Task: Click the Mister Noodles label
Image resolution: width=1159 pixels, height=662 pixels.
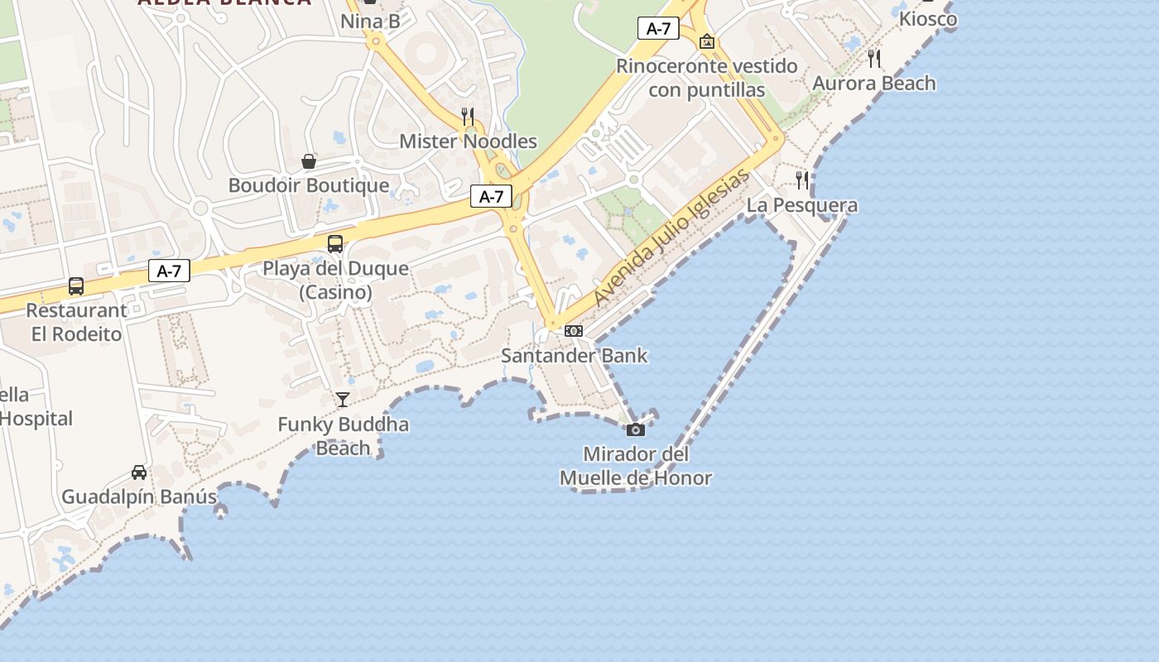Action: pyautogui.click(x=468, y=142)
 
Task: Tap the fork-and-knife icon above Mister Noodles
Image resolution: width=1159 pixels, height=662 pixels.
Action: pyautogui.click(x=468, y=116)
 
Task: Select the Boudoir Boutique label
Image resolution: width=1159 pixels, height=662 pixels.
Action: pyautogui.click(x=308, y=185)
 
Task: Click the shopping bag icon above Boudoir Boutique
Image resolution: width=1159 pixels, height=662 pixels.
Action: pyautogui.click(x=309, y=161)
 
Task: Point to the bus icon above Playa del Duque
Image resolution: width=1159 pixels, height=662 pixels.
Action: pyautogui.click(x=334, y=243)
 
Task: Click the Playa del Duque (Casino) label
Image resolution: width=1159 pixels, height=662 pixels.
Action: pyautogui.click(x=335, y=281)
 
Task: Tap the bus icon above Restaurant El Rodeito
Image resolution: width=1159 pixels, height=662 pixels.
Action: pyautogui.click(x=76, y=286)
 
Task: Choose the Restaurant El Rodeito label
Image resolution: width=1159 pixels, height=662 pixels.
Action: pyautogui.click(x=77, y=323)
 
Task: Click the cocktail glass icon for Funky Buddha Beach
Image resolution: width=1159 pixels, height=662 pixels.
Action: pyautogui.click(x=342, y=400)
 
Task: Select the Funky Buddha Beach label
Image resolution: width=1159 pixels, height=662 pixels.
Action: pyautogui.click(x=343, y=436)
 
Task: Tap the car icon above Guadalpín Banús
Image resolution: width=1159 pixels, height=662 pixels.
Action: pyautogui.click(x=139, y=473)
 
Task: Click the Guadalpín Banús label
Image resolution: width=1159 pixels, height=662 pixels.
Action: pyautogui.click(x=139, y=498)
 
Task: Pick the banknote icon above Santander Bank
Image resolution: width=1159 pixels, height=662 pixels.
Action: pyautogui.click(x=573, y=331)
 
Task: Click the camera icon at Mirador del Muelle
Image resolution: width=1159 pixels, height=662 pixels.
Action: pyautogui.click(x=635, y=429)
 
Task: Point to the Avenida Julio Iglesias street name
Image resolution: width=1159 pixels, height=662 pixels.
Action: pyautogui.click(x=671, y=237)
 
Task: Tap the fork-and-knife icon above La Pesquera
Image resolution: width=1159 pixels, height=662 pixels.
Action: pyautogui.click(x=801, y=180)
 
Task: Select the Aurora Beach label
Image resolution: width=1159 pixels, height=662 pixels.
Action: pyautogui.click(x=874, y=84)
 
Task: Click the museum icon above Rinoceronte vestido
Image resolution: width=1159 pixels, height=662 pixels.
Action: pyautogui.click(x=706, y=41)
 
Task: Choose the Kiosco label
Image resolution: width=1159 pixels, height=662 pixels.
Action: pyautogui.click(x=927, y=18)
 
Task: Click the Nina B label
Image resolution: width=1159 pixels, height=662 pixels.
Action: pyautogui.click(x=370, y=21)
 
